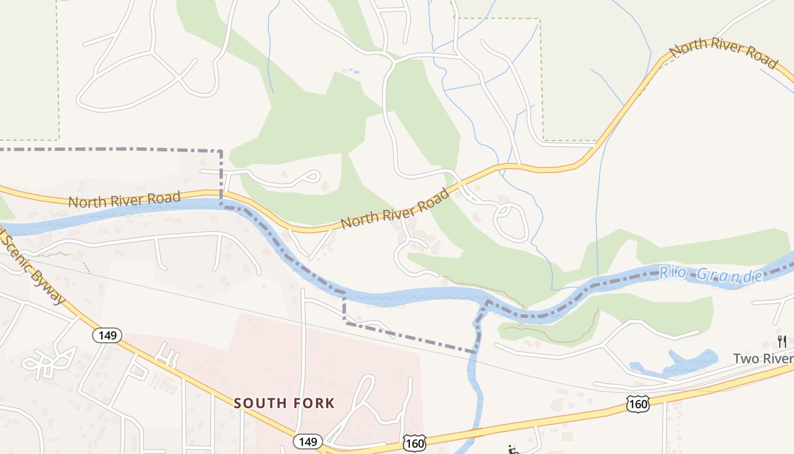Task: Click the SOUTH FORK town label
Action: [284, 403]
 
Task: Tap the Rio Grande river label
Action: [711, 275]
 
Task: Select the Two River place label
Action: [763, 359]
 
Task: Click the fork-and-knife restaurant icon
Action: [782, 341]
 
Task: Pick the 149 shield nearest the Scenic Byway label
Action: [107, 335]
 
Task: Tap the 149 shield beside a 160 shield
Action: [308, 441]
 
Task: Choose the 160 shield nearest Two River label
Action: [638, 404]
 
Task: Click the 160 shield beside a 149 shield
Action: [415, 443]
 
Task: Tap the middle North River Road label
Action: [395, 208]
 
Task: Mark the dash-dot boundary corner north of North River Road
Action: [221, 152]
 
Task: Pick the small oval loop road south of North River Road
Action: [510, 221]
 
